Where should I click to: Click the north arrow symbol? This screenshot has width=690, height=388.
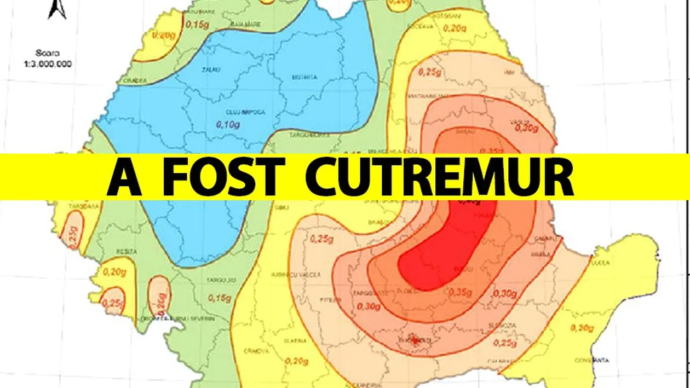(57, 9)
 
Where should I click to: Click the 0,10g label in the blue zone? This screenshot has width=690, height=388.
(227, 125)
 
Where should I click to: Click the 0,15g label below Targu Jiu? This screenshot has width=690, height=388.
(220, 298)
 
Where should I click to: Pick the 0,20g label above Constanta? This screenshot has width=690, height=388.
(581, 328)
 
